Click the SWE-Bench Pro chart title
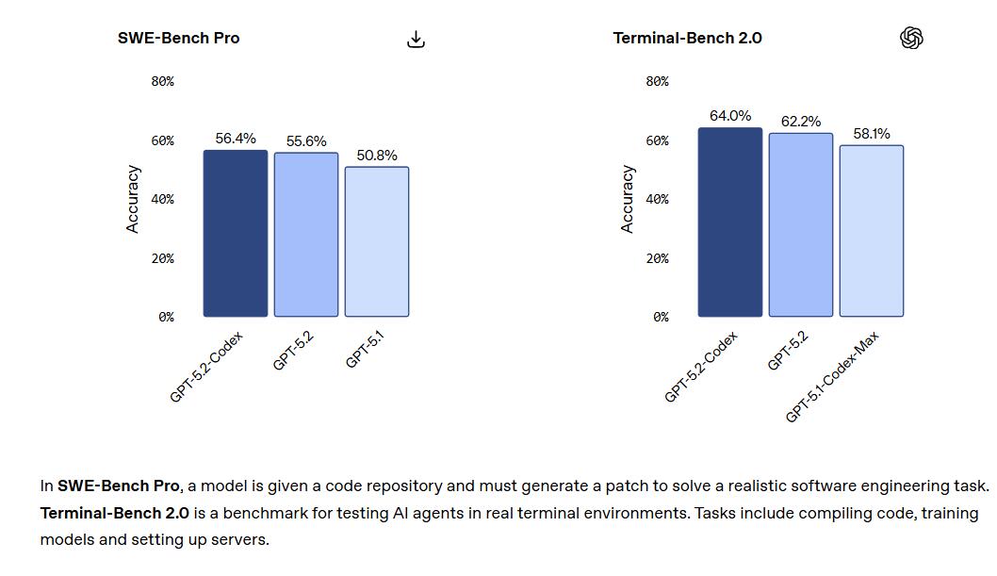click(178, 38)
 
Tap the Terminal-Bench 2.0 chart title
click(687, 38)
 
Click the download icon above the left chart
click(416, 39)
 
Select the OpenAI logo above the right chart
click(911, 38)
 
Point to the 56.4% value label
click(236, 138)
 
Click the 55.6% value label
click(306, 140)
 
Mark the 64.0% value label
click(730, 116)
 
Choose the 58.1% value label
click(872, 134)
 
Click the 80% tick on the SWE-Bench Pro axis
click(162, 81)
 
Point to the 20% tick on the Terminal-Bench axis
click(657, 258)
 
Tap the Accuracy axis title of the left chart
click(133, 199)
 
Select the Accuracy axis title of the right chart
click(628, 199)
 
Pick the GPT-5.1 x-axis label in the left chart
click(366, 349)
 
